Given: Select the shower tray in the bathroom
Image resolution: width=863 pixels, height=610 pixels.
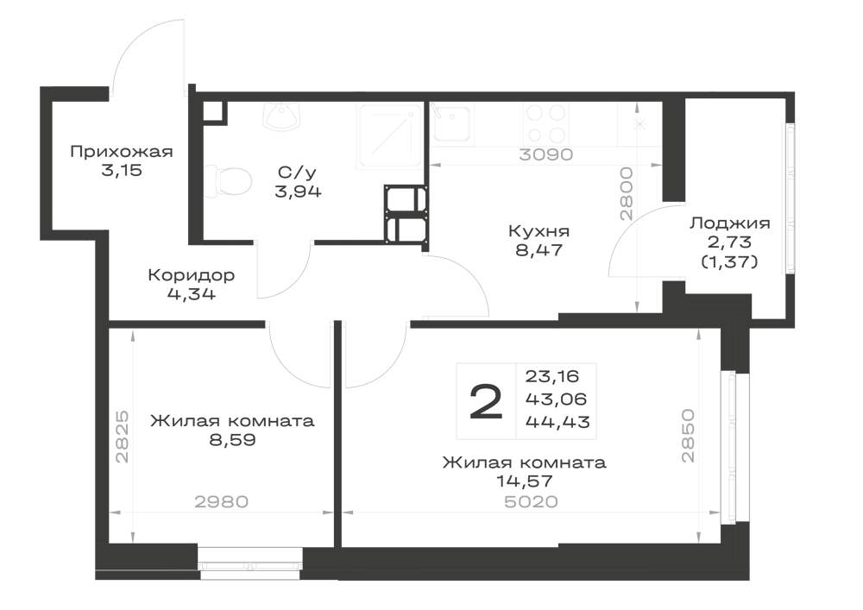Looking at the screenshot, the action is tap(390, 135).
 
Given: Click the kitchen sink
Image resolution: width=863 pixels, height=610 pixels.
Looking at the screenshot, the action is tap(452, 123).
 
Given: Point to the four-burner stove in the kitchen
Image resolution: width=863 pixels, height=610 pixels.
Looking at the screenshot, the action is tap(545, 123).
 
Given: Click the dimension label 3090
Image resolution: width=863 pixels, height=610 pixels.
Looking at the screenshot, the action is tap(546, 154).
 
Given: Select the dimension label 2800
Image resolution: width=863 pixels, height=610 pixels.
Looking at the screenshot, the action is tap(627, 194).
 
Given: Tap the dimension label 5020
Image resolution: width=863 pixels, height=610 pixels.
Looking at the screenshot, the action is tap(531, 501).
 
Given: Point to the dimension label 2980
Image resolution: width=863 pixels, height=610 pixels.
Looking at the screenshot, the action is tap(221, 501).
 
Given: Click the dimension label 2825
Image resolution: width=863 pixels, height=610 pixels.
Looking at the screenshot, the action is tap(123, 437).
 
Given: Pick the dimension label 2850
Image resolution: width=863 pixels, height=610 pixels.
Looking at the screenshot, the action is tap(688, 436).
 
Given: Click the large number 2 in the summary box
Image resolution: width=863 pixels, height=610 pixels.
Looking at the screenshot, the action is tap(486, 401).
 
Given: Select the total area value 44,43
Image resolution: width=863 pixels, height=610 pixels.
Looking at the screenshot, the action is tap(557, 422).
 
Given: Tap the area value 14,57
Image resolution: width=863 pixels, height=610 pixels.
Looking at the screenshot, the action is tap(525, 481).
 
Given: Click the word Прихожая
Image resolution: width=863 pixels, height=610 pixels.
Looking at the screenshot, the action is tap(122, 151).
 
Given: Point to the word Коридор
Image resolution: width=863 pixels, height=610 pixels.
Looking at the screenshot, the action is tap(192, 274).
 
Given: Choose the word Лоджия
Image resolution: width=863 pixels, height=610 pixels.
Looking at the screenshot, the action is tap(730, 223).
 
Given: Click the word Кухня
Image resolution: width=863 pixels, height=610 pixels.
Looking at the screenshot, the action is tap(539, 231).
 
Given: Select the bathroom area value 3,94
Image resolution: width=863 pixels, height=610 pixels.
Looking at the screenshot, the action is tap(298, 192).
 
